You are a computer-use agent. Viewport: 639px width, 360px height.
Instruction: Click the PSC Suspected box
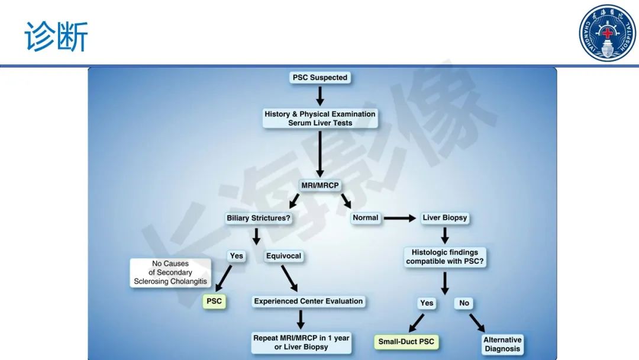320,78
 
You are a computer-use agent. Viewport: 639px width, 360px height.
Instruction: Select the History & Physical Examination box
320,118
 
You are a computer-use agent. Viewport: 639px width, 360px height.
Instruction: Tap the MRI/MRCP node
320,185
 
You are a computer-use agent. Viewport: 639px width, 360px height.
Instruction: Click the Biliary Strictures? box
259,218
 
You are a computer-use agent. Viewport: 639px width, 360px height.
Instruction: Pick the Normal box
366,218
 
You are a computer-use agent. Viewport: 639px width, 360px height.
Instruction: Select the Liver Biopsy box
444,218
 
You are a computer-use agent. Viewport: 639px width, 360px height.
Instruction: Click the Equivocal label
283,256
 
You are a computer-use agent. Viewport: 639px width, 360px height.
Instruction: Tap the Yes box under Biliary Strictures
236,256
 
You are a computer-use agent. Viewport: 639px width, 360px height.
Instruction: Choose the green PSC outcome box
214,301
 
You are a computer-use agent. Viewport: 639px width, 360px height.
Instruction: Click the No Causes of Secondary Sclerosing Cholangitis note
170,272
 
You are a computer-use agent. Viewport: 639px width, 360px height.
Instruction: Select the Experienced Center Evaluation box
308,301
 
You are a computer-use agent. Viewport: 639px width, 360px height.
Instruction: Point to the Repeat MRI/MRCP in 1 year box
301,342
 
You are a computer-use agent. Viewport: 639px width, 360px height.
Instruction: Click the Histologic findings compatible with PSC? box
444,257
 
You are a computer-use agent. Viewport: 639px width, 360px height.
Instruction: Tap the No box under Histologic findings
464,303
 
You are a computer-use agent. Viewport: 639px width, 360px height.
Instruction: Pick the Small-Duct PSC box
406,342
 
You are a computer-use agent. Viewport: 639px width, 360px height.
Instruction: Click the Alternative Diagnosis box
502,344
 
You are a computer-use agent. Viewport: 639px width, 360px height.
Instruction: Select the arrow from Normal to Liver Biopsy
400,218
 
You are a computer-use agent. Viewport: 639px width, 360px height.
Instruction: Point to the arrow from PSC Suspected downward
320,96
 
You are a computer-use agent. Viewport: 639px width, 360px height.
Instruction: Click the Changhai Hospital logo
607,33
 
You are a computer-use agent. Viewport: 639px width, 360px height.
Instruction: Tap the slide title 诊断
56,37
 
